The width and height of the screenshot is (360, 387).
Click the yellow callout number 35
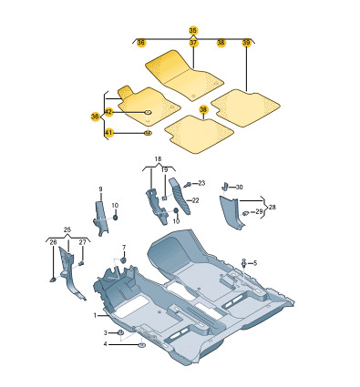click(193, 30)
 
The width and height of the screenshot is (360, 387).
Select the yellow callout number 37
click(193, 43)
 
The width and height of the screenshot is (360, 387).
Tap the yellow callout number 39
click(246, 43)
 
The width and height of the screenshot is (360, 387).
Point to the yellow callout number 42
click(108, 112)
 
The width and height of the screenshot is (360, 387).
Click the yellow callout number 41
click(108, 133)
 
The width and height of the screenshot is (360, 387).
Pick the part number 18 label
click(158, 158)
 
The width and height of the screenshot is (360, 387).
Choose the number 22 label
click(195, 200)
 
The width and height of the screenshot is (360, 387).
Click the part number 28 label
click(273, 207)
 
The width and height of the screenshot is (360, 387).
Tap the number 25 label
click(67, 229)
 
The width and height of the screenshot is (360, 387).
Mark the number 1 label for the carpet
click(95, 316)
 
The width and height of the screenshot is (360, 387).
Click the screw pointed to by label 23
click(189, 184)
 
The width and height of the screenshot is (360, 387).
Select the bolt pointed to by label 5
click(244, 263)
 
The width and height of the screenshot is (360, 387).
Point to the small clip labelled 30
click(225, 186)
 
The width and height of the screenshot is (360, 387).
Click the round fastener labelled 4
click(141, 345)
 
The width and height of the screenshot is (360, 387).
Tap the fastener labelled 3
click(120, 331)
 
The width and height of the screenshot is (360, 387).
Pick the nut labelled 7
click(124, 260)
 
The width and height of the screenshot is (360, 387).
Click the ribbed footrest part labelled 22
click(180, 196)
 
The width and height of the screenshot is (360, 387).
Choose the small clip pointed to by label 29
click(246, 212)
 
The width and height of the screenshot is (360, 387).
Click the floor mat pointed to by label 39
click(245, 107)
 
